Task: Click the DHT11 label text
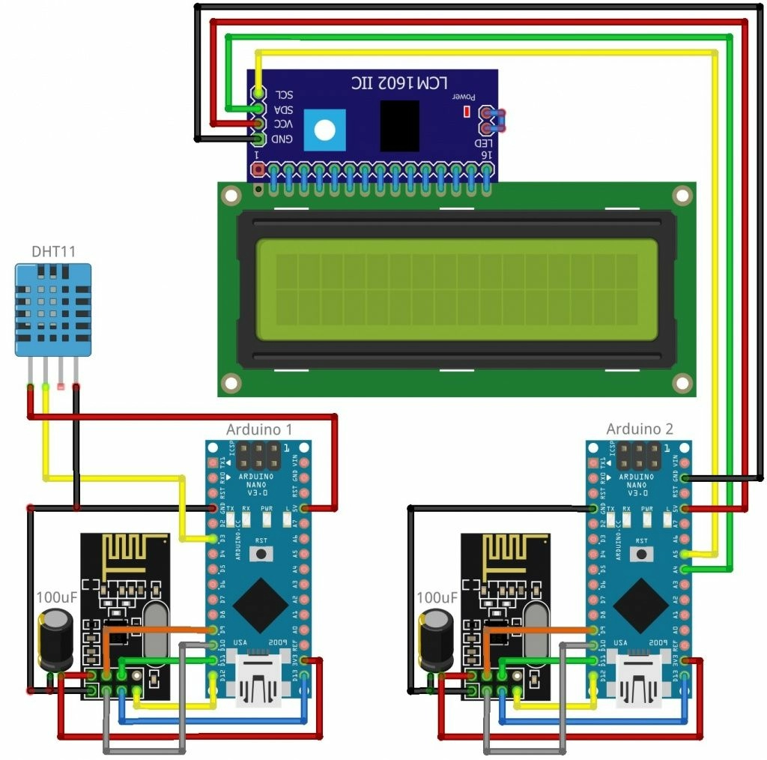pos(53,251)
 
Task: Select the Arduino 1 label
pos(259,429)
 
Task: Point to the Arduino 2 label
pos(640,429)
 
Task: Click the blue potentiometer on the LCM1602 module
pos(325,129)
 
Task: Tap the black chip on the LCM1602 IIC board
pos(399,125)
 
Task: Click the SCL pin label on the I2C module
pos(284,94)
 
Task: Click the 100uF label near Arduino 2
pos(437,597)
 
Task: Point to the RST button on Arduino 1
pos(261,554)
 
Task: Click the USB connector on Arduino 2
pos(640,678)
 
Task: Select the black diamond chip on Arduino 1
pos(259,605)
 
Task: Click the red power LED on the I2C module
pos(467,112)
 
